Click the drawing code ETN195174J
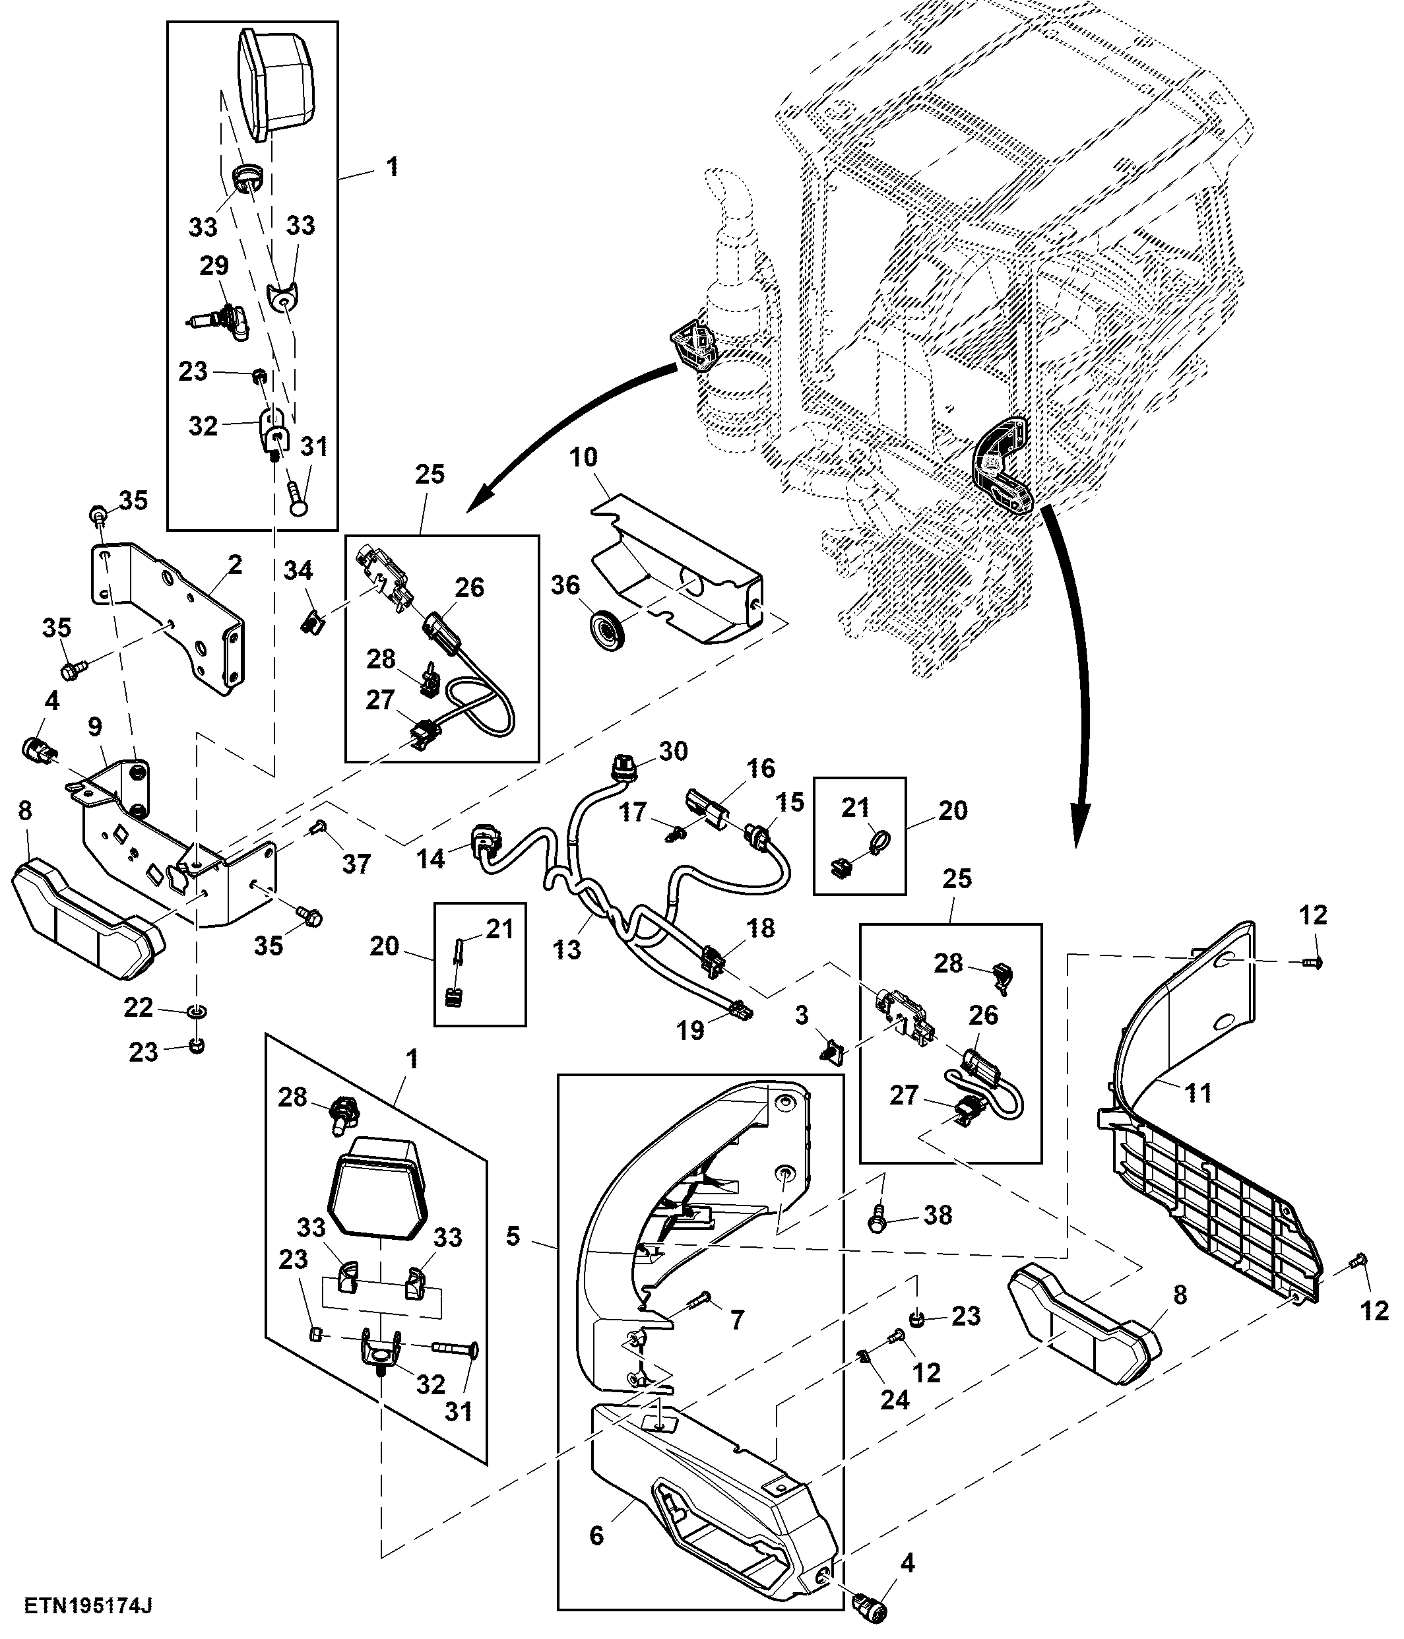(88, 1607)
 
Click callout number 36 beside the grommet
(565, 586)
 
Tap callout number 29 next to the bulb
(214, 267)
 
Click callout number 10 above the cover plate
(584, 457)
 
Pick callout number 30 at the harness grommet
(672, 751)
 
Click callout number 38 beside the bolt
(938, 1215)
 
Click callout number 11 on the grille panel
(1197, 1093)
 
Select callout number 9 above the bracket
(95, 726)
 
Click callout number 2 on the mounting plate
(234, 565)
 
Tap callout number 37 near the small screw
(356, 864)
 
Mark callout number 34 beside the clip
(298, 570)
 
